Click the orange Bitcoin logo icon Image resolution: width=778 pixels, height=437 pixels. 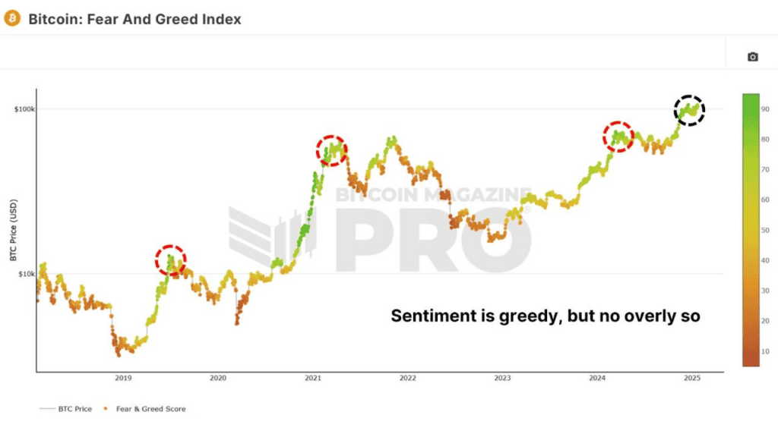12,18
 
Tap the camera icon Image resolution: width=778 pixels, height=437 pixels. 753,57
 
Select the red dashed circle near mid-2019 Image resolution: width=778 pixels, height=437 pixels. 157,260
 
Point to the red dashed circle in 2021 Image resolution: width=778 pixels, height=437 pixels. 318,151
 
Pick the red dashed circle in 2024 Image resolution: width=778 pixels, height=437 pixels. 604,137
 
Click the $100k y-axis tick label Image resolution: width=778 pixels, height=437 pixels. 24,109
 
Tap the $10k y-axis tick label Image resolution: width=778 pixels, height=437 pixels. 27,274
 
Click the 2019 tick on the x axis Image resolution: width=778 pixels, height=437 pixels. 124,378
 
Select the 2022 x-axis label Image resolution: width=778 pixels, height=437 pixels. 408,378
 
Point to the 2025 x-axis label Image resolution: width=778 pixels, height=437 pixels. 692,378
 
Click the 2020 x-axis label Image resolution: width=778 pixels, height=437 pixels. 218,378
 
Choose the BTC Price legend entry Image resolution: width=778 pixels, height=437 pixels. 65,409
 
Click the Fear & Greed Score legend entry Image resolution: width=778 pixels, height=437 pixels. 144,409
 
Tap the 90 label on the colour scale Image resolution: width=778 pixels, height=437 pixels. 765,109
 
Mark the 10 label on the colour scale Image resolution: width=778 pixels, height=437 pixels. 765,351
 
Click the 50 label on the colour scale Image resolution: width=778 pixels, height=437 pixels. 765,231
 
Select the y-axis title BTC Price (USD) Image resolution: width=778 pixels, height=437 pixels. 14,230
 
